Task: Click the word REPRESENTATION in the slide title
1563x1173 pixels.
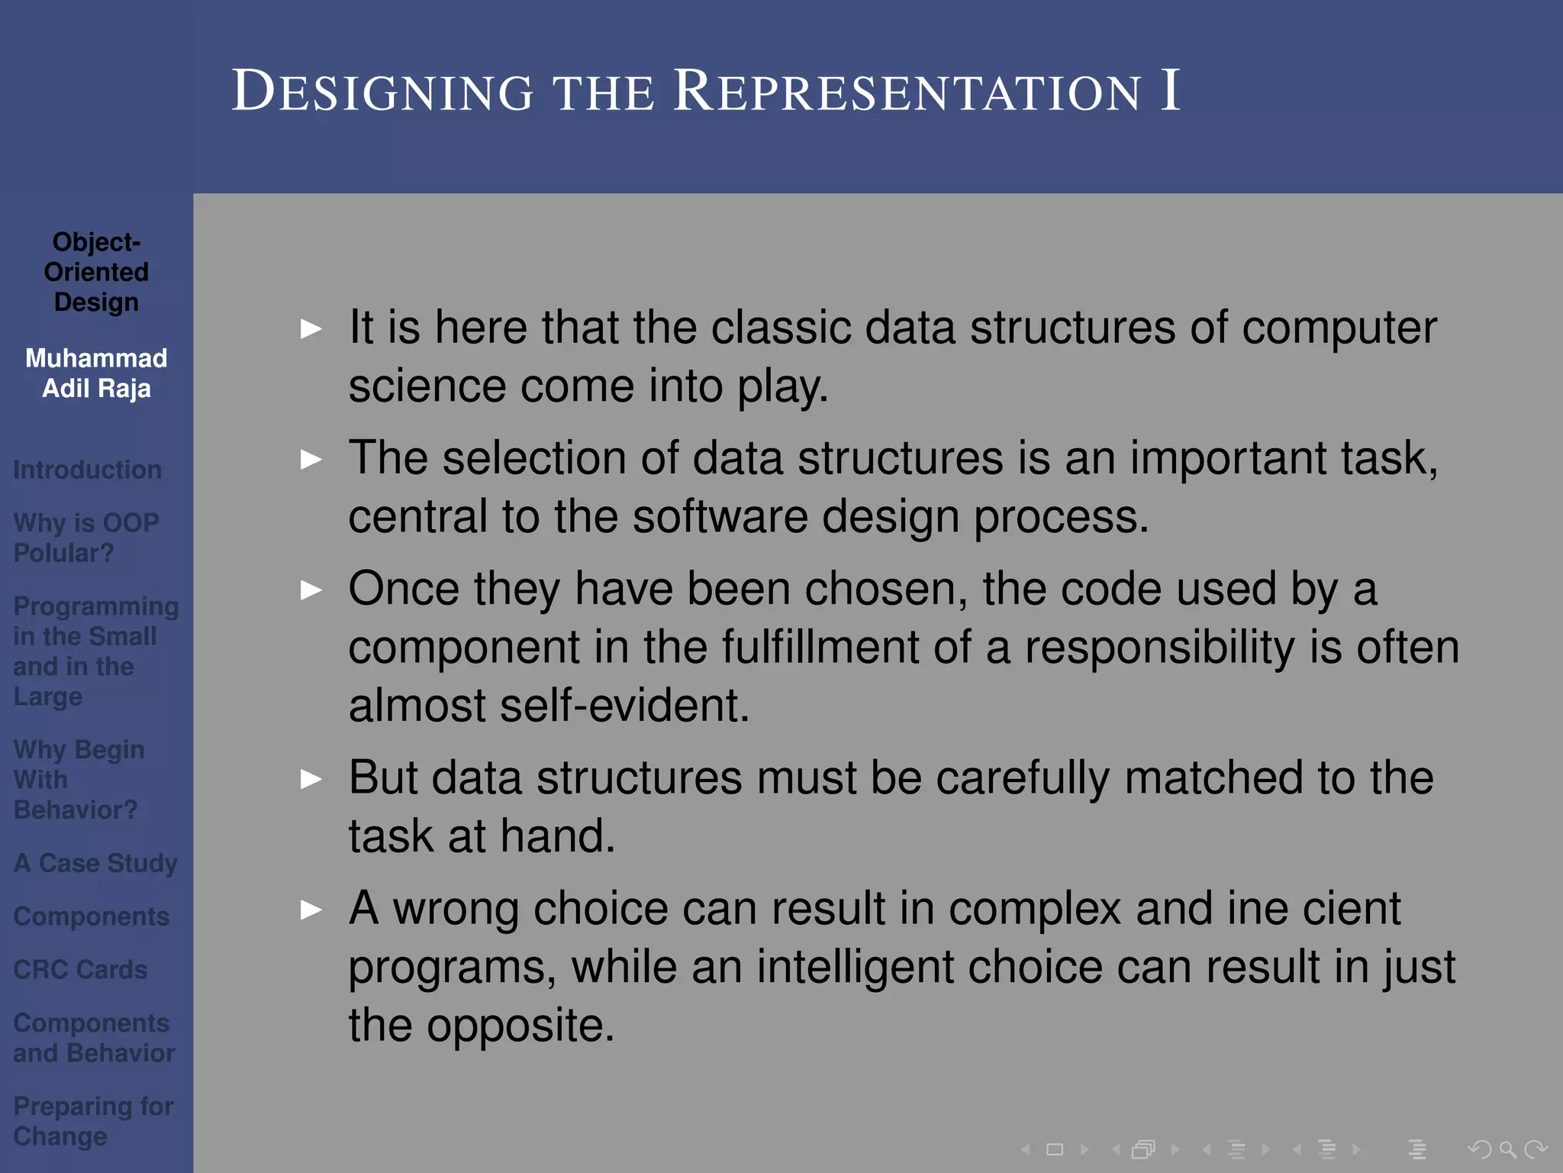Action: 908,92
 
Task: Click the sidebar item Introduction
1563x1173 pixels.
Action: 87,470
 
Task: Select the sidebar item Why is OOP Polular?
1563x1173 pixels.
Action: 85,538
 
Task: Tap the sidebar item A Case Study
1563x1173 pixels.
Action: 95,863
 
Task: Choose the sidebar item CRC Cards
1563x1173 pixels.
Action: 80,970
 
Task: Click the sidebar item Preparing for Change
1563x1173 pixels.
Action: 93,1121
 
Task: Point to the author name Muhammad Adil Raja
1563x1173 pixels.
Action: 96,373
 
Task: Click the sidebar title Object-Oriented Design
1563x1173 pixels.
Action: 96,272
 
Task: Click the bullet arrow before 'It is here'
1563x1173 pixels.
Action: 311,329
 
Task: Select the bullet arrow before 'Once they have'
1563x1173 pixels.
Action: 311,590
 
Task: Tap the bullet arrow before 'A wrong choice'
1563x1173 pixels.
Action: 311,910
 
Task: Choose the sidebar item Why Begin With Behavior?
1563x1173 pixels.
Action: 79,780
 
